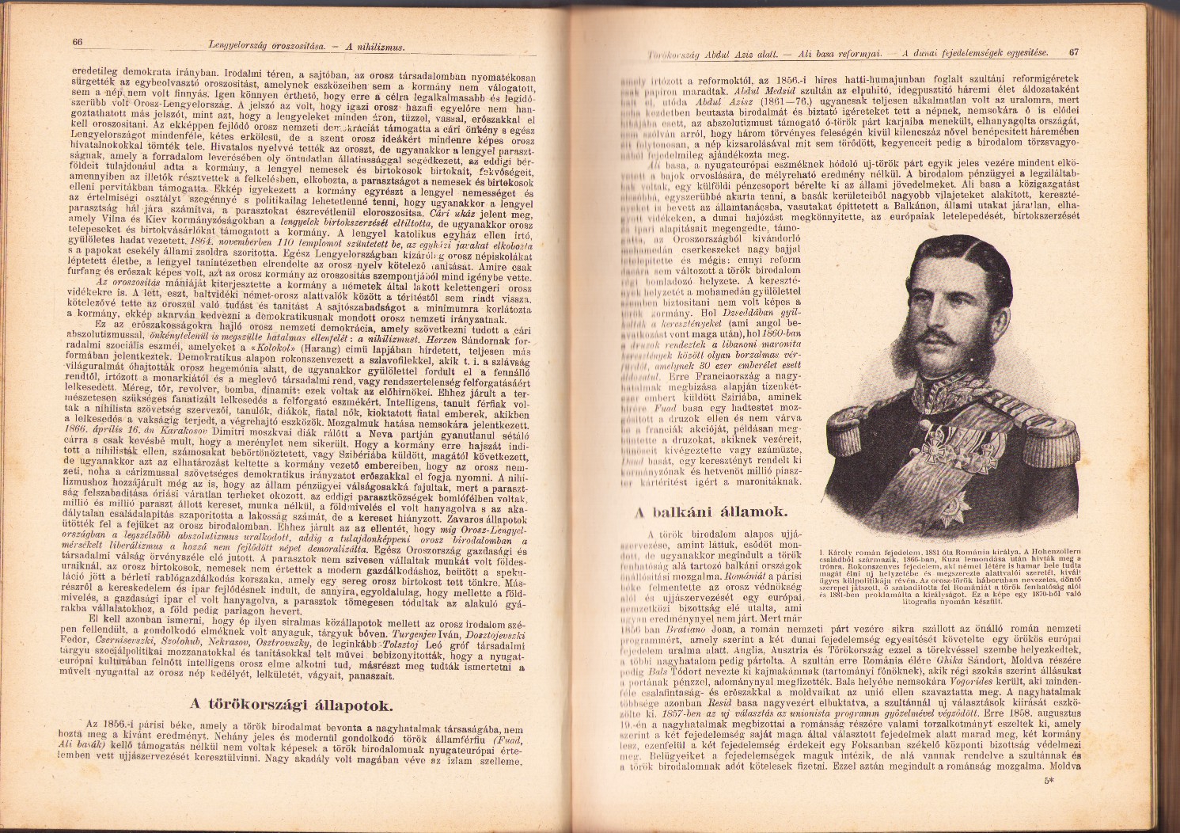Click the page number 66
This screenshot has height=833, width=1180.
(x=78, y=43)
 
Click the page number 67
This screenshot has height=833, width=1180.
(x=1073, y=53)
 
